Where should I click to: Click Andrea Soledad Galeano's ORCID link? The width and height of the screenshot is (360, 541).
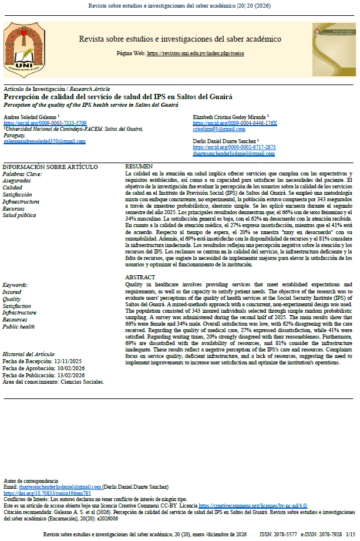45,123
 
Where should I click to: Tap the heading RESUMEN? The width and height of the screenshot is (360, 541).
139,167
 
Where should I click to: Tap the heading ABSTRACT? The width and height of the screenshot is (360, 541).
141,277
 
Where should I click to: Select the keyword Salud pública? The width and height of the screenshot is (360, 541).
20,216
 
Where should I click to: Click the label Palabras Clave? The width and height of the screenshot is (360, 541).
22,174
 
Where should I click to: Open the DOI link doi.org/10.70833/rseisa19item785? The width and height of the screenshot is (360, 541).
47,493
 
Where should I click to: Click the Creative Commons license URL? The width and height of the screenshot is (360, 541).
252,505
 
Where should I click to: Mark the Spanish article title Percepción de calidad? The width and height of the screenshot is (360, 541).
118,96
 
